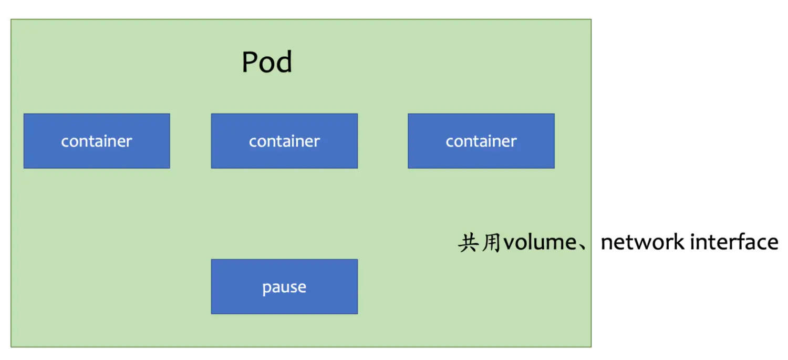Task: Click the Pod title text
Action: point(267,62)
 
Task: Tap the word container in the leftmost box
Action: point(97,141)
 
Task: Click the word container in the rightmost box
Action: point(481,141)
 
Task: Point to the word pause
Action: point(284,287)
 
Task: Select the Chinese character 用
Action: point(491,243)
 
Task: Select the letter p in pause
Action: point(266,289)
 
